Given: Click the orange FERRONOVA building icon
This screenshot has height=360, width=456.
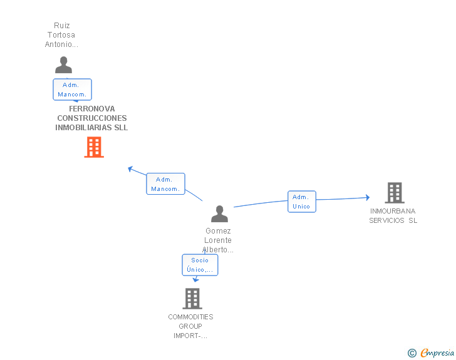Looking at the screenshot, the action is point(94,147).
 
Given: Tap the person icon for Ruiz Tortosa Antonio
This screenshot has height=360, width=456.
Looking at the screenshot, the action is point(63,65).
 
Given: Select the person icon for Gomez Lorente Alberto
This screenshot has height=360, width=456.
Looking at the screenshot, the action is point(220,213).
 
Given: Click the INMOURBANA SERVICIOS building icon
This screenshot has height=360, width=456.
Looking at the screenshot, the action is point(395,192).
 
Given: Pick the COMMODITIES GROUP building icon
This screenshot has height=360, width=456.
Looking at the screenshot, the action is point(192,299).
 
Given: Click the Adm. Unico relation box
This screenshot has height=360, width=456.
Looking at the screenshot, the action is point(301,202).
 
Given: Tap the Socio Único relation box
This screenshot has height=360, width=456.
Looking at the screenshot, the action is point(200,265).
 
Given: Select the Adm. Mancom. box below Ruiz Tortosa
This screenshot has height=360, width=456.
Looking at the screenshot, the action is point(72,90).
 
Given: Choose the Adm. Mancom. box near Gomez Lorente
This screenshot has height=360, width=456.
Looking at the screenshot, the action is point(165,184).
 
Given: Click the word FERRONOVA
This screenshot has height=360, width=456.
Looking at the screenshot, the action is point(92,109).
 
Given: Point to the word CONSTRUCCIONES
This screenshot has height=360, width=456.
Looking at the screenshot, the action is point(92,118).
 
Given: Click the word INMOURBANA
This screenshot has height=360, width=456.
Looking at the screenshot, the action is point(393,211).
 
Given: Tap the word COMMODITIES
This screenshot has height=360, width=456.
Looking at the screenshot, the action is point(191,317).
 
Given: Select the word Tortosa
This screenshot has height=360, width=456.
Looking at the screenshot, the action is point(61,35).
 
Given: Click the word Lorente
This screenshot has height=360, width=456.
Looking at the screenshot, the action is point(218,240).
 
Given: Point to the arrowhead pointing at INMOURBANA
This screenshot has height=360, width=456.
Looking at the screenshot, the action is point(368,198).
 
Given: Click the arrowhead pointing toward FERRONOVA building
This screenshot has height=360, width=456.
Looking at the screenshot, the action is point(130,168).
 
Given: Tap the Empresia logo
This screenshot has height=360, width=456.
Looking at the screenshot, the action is point(437,352).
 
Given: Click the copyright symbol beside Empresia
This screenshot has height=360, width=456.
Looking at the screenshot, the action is point(412,353).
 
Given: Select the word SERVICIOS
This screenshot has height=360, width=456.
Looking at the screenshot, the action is point(386,220).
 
